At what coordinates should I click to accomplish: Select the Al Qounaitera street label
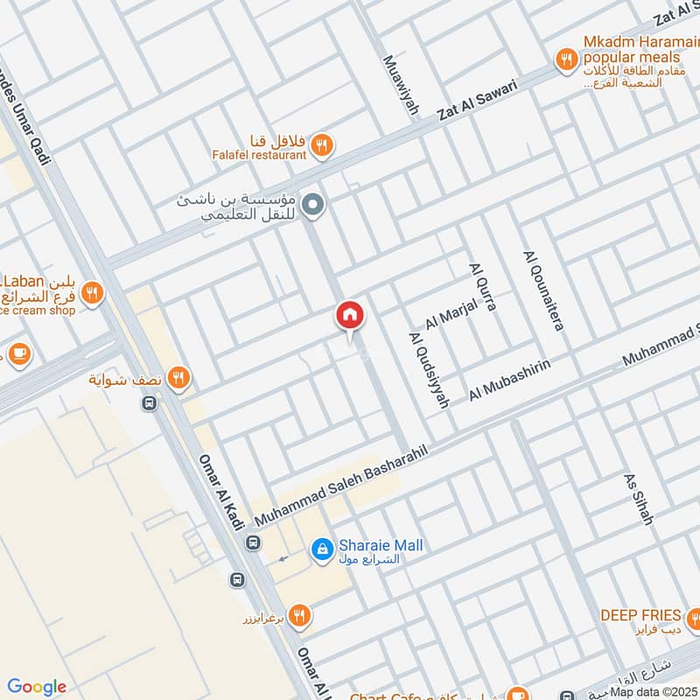coord(542,290)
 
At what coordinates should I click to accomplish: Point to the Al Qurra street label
coord(482,288)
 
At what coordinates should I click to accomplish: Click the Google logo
coord(37,687)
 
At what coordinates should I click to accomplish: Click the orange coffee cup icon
coord(18,354)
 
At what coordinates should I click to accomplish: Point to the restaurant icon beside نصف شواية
coord(179,378)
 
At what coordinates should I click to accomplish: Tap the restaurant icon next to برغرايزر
coord(300,616)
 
